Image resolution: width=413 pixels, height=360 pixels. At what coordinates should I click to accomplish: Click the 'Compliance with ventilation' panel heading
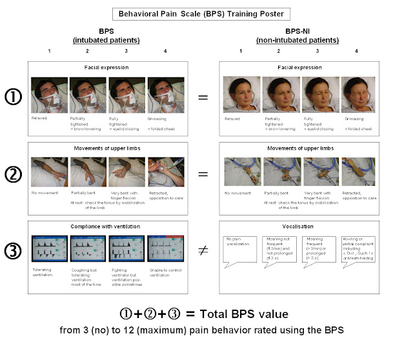tap(108, 226)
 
